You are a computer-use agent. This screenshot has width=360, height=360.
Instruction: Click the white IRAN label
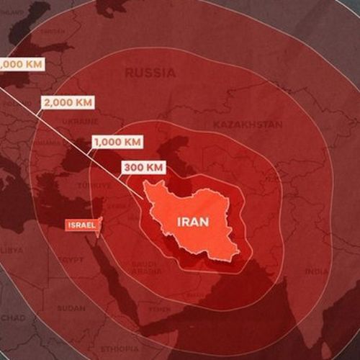[192, 222]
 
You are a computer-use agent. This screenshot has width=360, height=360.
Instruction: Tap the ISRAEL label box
[81, 225]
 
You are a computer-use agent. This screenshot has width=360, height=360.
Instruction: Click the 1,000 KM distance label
[116, 142]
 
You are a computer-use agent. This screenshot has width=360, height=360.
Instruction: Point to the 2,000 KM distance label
[67, 103]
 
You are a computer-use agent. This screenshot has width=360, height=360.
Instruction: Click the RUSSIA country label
[150, 73]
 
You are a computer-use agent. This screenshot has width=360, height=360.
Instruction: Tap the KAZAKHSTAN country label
[248, 125]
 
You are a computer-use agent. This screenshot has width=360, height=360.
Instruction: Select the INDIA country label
[317, 271]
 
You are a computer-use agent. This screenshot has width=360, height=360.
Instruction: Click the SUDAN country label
[71, 307]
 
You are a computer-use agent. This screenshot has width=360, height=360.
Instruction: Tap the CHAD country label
[12, 318]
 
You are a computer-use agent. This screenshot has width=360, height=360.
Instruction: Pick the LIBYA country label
[11, 250]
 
